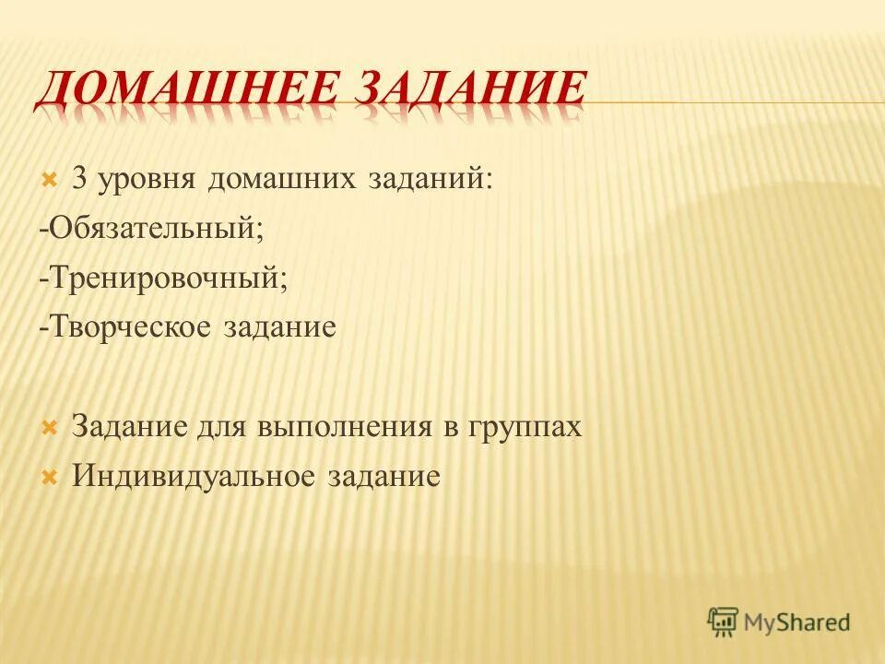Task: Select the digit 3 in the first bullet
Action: coord(79,178)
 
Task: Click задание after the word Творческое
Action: coord(279,328)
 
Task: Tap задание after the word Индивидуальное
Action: coord(382,478)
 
